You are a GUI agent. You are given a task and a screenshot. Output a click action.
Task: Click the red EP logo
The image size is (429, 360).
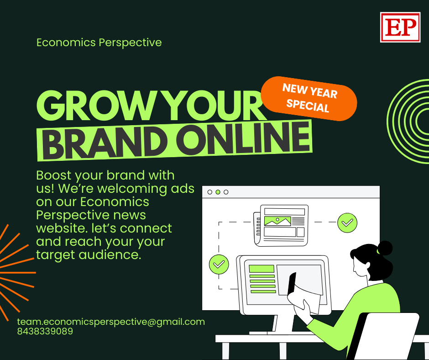[x=400, y=27]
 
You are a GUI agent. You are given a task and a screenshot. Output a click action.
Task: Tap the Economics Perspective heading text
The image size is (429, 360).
[x=99, y=42]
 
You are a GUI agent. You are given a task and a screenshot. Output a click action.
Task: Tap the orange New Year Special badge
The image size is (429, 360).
[x=309, y=98]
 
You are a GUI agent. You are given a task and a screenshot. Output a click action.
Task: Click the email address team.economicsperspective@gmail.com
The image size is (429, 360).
[x=111, y=322]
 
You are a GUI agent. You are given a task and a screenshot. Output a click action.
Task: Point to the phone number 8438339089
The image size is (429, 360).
[x=45, y=331]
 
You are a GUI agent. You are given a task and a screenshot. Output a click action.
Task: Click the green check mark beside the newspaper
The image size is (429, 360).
[x=347, y=223]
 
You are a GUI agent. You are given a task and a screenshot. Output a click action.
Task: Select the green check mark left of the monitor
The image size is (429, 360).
[x=219, y=265]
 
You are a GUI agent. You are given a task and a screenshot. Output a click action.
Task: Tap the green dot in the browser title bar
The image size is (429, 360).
[x=218, y=192]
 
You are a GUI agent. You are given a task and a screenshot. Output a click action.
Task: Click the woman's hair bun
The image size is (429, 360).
[x=385, y=248]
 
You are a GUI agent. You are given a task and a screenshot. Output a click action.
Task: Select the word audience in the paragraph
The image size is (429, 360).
[x=110, y=255]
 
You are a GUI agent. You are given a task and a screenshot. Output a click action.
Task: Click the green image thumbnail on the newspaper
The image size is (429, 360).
[x=277, y=221]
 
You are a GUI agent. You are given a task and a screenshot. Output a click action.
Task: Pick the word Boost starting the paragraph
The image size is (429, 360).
[x=54, y=175]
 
